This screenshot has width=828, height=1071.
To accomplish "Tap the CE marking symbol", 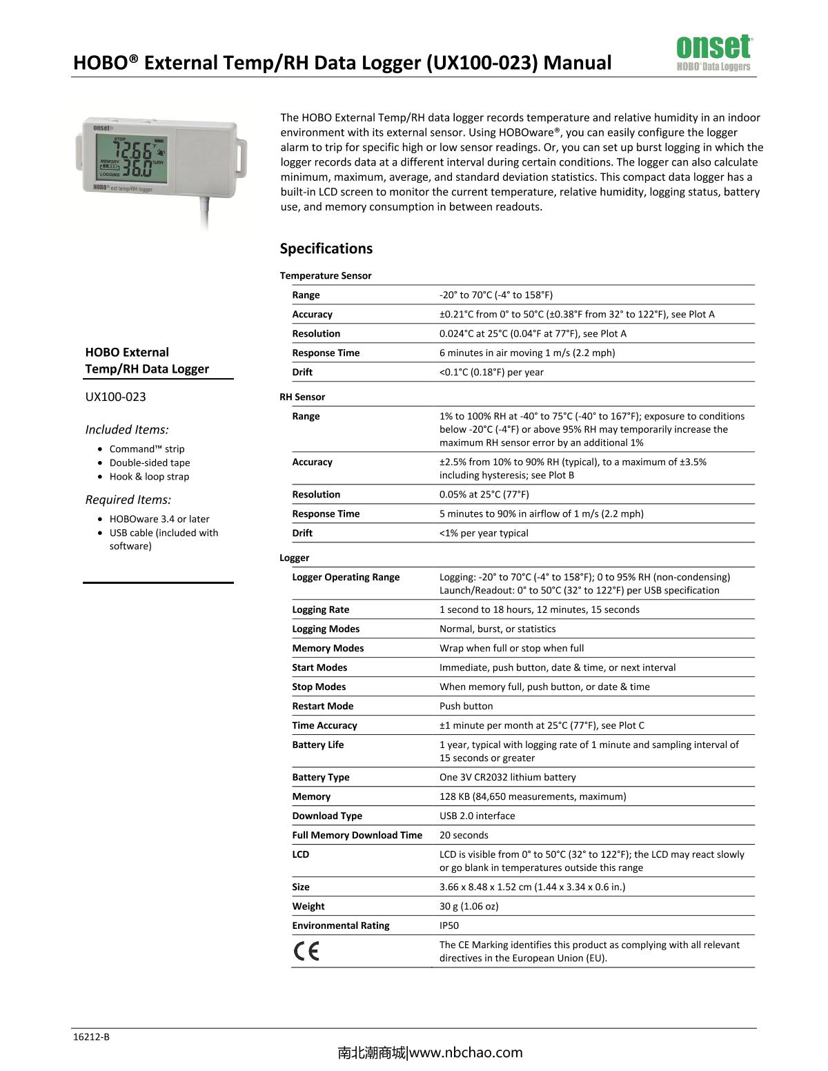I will [x=306, y=952].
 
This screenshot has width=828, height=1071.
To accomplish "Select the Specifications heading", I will [x=326, y=248].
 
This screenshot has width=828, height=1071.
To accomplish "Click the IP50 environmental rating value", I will [x=449, y=925].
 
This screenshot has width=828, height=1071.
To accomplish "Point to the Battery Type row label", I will [x=320, y=777].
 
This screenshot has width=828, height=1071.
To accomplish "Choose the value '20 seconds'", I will [x=464, y=835].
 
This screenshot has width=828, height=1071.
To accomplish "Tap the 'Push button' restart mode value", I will [x=466, y=706].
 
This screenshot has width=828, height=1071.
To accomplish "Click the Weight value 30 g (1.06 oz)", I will [x=469, y=906].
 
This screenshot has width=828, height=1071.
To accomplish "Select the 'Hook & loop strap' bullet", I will [x=149, y=476].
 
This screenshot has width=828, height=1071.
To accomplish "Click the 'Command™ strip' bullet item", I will [x=147, y=449].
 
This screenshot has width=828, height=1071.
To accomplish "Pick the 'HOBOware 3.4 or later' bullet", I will [x=159, y=519].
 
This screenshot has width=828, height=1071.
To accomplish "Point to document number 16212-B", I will [x=91, y=1036].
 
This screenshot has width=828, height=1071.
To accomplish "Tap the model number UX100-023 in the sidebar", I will [x=115, y=397].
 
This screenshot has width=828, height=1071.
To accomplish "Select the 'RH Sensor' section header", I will [x=302, y=397].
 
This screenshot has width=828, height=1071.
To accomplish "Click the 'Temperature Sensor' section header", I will [x=326, y=275].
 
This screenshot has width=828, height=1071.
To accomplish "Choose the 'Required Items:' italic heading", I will [x=128, y=500].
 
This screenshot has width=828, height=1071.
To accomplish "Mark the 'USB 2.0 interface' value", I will [x=477, y=816].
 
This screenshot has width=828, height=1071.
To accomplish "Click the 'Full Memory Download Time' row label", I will [x=357, y=835].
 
